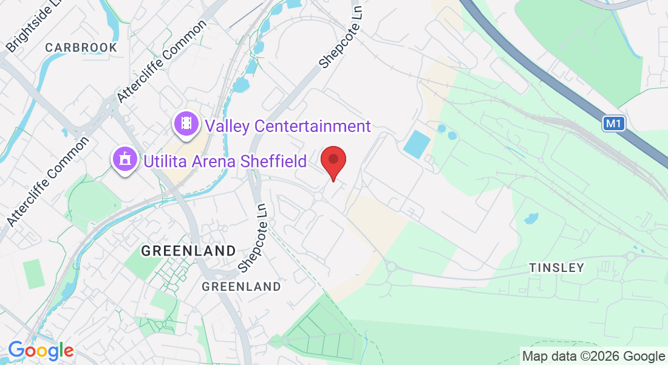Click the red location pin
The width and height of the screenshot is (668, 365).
[x=333, y=161]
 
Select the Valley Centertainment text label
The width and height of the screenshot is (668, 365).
[x=288, y=126]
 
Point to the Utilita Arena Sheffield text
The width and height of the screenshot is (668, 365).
[x=225, y=161]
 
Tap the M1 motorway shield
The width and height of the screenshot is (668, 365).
[x=614, y=124]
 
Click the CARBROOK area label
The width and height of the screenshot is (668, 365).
[x=72, y=47]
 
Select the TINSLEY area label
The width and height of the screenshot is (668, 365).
[x=556, y=268]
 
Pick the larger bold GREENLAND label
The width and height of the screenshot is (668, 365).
[x=188, y=250]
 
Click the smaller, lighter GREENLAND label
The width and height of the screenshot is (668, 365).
[x=241, y=286]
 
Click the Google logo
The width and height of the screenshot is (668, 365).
[x=41, y=351]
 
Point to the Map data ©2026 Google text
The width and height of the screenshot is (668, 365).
[x=593, y=356]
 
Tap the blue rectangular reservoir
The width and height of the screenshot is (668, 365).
[x=417, y=143]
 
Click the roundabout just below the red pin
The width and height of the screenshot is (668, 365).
[x=318, y=196]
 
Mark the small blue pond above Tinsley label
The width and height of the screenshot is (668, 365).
[x=531, y=217]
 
